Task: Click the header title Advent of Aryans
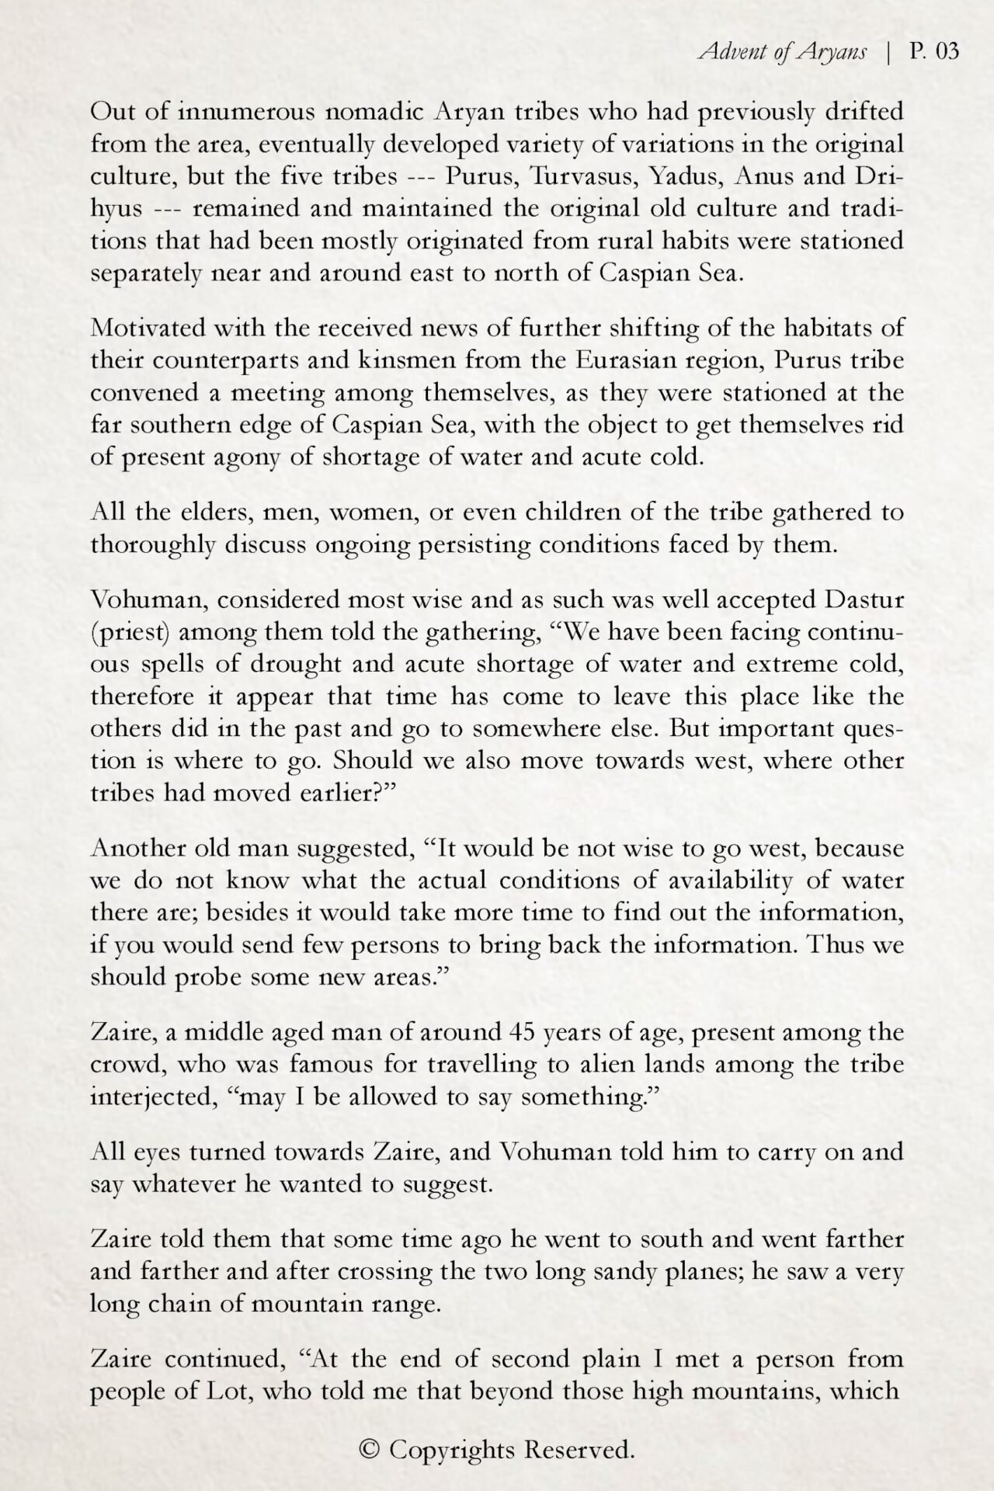[x=782, y=52]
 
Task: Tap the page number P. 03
[x=934, y=52]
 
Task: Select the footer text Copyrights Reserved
[x=512, y=1449]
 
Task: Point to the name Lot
[x=229, y=1391]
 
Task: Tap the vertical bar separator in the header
[x=888, y=52]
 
